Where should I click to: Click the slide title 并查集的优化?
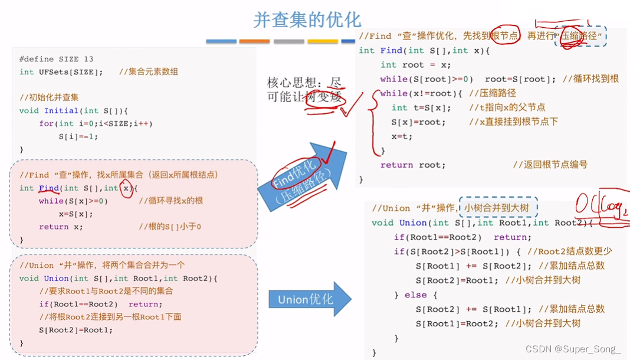click(307, 19)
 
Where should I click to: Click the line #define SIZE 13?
click(56, 59)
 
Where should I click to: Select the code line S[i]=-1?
click(78, 136)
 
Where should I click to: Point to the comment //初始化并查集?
click(49, 97)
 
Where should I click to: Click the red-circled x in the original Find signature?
click(125, 188)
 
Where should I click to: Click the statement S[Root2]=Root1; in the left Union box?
click(76, 330)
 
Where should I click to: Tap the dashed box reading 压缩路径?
click(581, 37)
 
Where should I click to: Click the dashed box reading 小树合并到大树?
click(500, 208)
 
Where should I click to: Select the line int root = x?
click(415, 65)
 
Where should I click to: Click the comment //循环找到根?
click(590, 79)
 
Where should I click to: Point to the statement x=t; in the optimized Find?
click(402, 136)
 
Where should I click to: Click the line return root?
click(413, 165)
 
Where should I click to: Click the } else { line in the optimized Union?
click(416, 294)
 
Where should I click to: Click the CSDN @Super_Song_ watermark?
click(573, 349)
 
